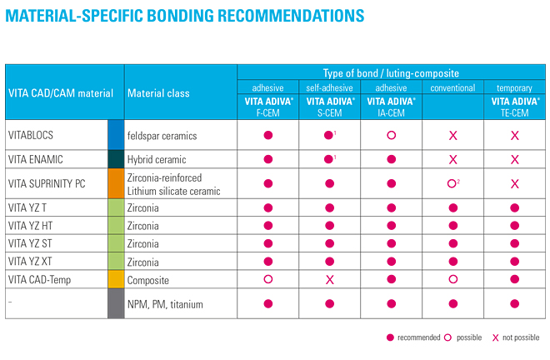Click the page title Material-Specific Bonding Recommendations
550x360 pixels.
[185, 16]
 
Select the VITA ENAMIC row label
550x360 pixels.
[36, 158]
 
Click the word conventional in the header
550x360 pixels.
[452, 88]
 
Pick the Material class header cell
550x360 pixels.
[158, 93]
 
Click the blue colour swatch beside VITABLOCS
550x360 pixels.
[116, 133]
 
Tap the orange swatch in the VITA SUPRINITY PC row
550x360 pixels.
[116, 183]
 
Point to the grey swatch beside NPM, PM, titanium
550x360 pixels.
[116, 302]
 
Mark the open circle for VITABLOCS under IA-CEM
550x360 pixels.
[391, 134]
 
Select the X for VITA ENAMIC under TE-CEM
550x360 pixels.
[514, 159]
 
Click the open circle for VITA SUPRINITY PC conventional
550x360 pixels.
[452, 184]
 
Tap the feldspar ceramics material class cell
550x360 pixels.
[162, 133]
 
